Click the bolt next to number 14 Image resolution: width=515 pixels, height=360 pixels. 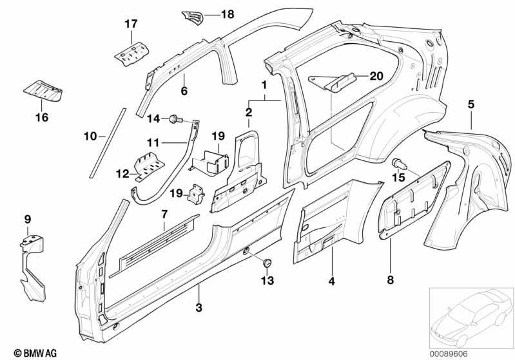(x=173, y=119)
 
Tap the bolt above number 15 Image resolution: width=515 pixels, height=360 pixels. (x=399, y=164)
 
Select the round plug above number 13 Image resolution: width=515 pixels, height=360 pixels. (x=267, y=263)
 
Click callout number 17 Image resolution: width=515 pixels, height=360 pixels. (x=131, y=24)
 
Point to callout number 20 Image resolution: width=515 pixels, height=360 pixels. (x=376, y=76)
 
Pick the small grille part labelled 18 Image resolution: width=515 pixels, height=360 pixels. (x=193, y=17)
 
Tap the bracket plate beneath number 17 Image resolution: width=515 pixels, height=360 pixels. (x=131, y=53)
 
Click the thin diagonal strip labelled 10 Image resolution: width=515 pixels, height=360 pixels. (x=108, y=143)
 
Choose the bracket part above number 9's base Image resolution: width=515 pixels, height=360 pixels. (x=32, y=267)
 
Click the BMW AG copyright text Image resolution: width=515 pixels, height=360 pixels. (x=35, y=353)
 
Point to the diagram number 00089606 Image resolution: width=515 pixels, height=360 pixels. (x=449, y=354)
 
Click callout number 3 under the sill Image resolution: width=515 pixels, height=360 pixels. (x=199, y=308)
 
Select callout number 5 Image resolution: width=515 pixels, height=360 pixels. (x=471, y=104)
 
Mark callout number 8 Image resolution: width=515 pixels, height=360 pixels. (x=390, y=280)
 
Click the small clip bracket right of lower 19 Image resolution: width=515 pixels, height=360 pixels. (x=196, y=194)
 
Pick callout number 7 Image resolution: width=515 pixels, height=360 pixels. (x=164, y=214)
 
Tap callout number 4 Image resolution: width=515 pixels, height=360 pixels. (x=332, y=281)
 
